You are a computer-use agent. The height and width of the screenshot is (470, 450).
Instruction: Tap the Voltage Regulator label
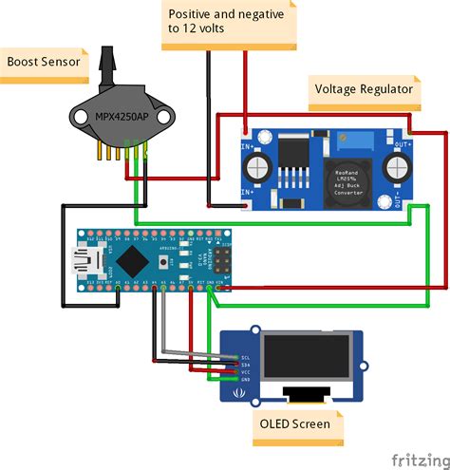pyautogui.click(x=363, y=89)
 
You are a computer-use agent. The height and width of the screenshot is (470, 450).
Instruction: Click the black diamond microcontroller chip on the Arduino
pyautogui.click(x=136, y=256)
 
